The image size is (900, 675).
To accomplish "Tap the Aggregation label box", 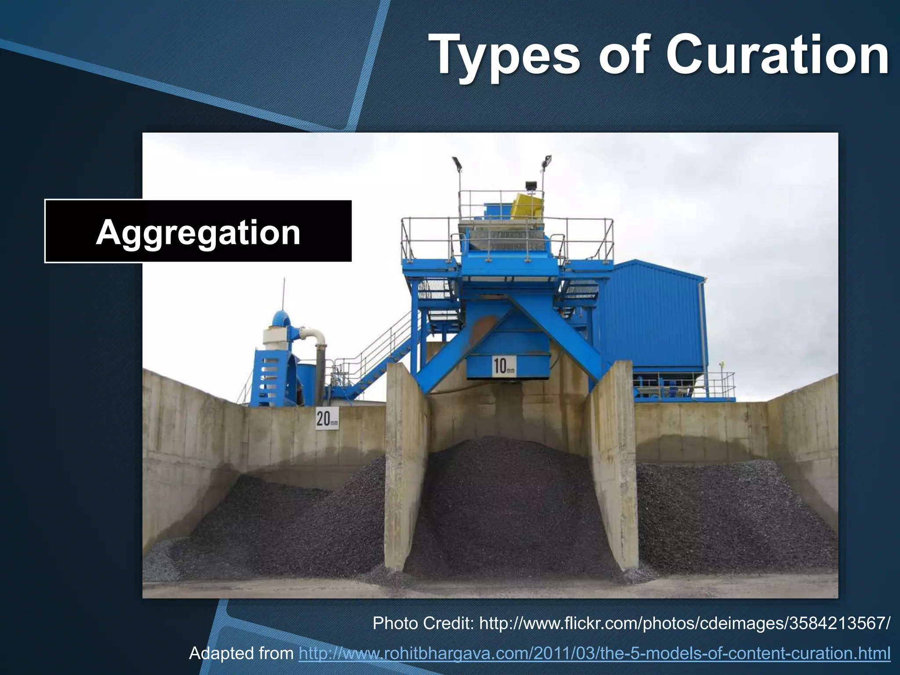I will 198,231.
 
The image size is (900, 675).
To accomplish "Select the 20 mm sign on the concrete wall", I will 327,418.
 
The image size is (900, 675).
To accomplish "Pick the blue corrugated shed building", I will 655,316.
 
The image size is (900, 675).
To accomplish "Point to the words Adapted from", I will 241,653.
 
